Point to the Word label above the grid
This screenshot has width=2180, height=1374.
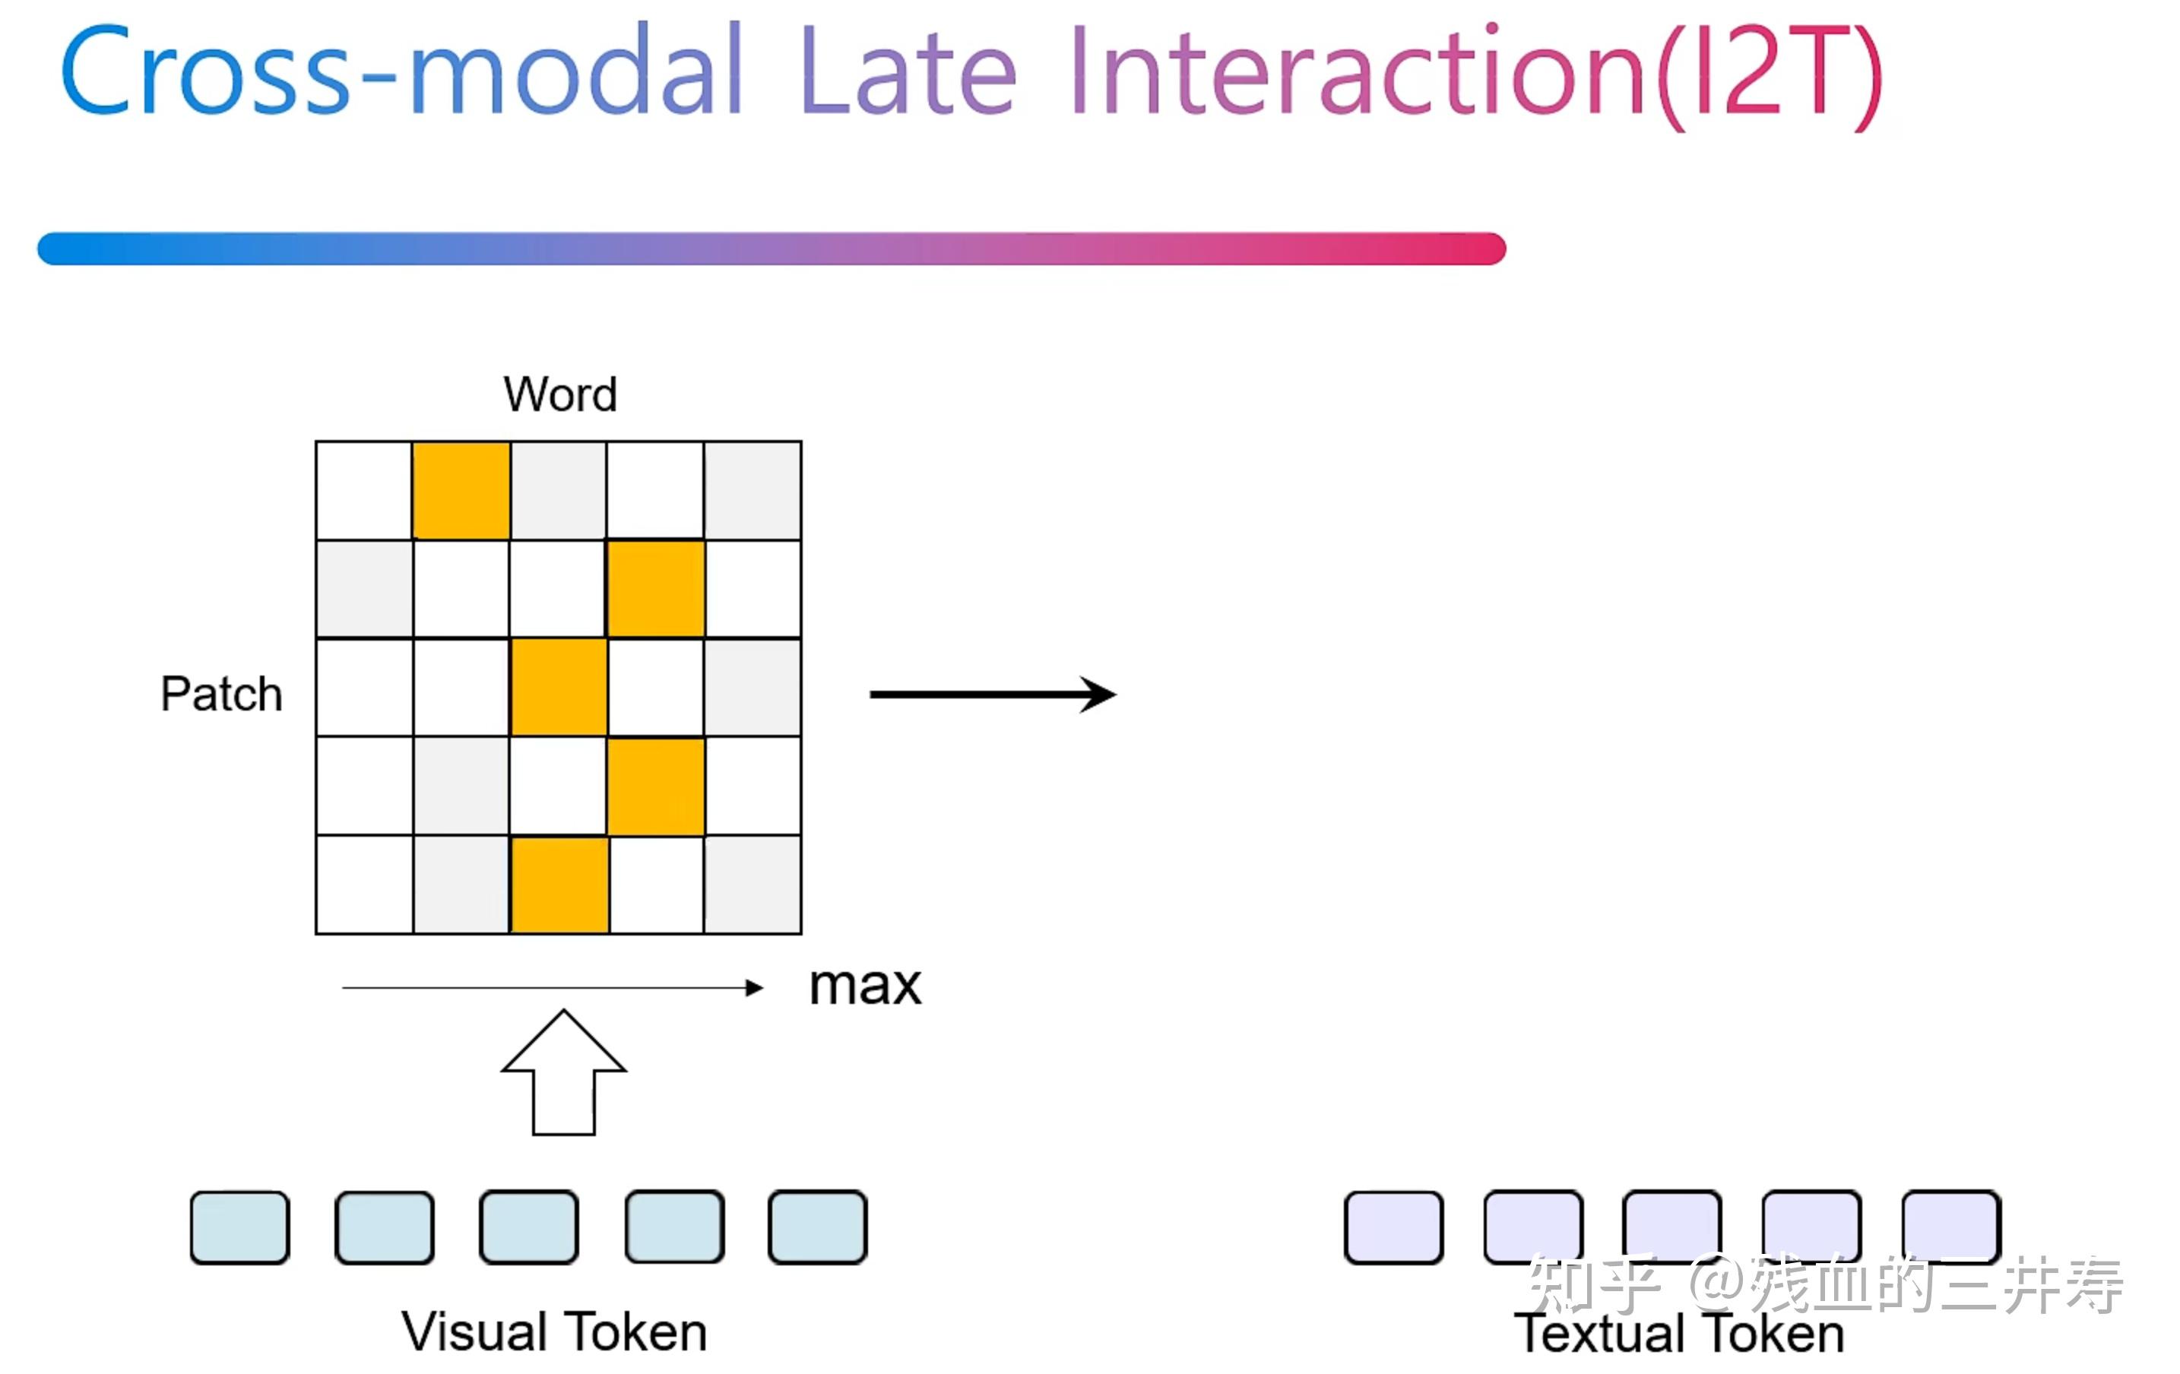coord(560,394)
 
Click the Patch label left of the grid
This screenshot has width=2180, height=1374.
coord(222,695)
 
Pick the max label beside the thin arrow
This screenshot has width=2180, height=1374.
coord(864,986)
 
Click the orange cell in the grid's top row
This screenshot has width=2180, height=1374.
coord(461,491)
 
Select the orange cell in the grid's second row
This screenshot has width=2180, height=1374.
coord(655,588)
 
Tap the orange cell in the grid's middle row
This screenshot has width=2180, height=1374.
coord(559,687)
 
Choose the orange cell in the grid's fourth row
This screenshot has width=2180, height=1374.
coord(655,786)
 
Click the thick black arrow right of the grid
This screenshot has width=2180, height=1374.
coord(991,695)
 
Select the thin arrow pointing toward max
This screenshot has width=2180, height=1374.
coord(553,987)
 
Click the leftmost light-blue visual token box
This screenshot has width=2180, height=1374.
coord(240,1227)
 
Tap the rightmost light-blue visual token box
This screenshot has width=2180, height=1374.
coord(818,1227)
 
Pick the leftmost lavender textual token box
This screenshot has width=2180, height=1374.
coord(1393,1227)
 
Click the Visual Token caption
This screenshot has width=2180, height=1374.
coord(554,1331)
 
